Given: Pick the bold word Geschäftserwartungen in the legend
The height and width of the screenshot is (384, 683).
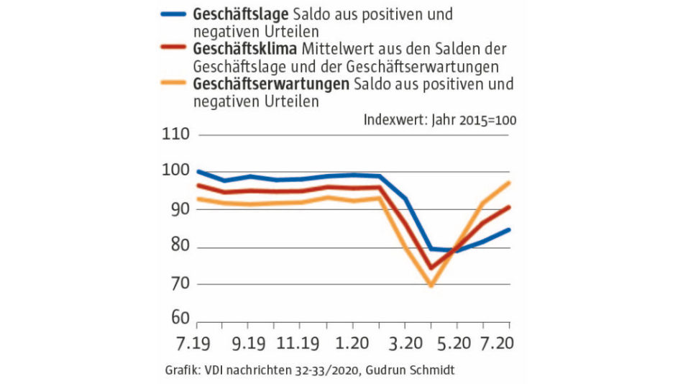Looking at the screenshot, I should [x=270, y=84].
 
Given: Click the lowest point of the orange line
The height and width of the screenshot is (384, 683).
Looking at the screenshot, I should [x=431, y=285].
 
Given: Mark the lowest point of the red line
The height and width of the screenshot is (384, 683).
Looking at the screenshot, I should [x=431, y=268].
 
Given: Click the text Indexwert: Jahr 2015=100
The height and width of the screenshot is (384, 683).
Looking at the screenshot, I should [x=440, y=119].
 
